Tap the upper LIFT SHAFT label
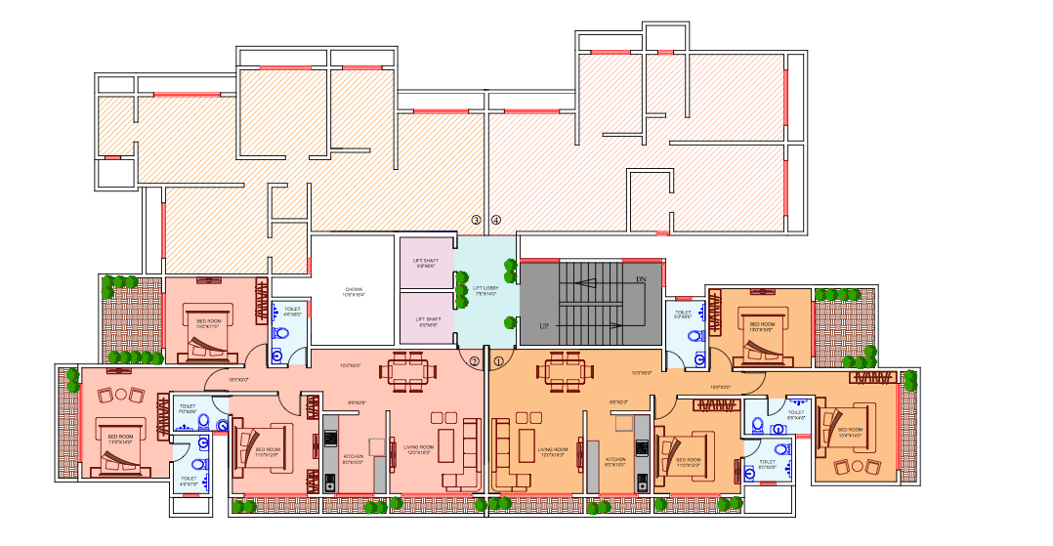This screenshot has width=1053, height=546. point(427,263)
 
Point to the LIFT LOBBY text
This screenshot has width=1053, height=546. point(485,290)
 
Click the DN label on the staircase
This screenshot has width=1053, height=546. point(641,279)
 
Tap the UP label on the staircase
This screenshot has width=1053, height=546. point(544,324)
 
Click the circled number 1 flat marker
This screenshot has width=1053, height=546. point(498,360)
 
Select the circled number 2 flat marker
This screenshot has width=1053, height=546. point(475,360)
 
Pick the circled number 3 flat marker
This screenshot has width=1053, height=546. point(477,220)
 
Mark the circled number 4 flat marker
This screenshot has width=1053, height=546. point(496,220)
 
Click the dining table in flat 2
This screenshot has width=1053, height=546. point(406,370)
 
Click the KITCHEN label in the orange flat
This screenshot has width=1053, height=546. point(614,460)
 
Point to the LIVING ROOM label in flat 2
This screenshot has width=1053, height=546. point(418,449)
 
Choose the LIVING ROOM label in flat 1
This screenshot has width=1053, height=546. point(552,452)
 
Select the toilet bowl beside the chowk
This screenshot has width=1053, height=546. point(282,332)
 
